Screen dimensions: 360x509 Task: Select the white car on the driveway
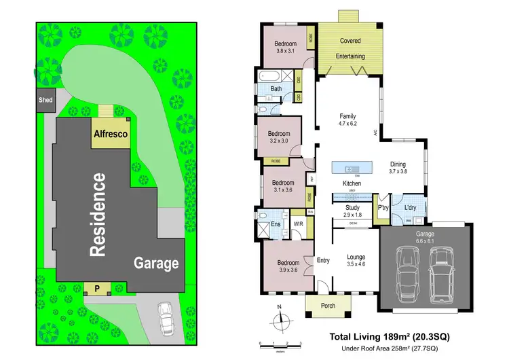click(x=165, y=315)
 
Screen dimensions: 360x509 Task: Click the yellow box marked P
click(x=96, y=289)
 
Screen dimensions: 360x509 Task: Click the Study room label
click(x=352, y=208)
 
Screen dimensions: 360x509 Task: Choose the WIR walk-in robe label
click(x=298, y=223)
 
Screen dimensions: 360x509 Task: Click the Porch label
click(x=328, y=306)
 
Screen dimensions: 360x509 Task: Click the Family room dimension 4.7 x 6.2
click(x=347, y=124)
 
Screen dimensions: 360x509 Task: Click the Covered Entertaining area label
click(x=350, y=48)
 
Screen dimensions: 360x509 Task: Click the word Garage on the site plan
click(x=155, y=263)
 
